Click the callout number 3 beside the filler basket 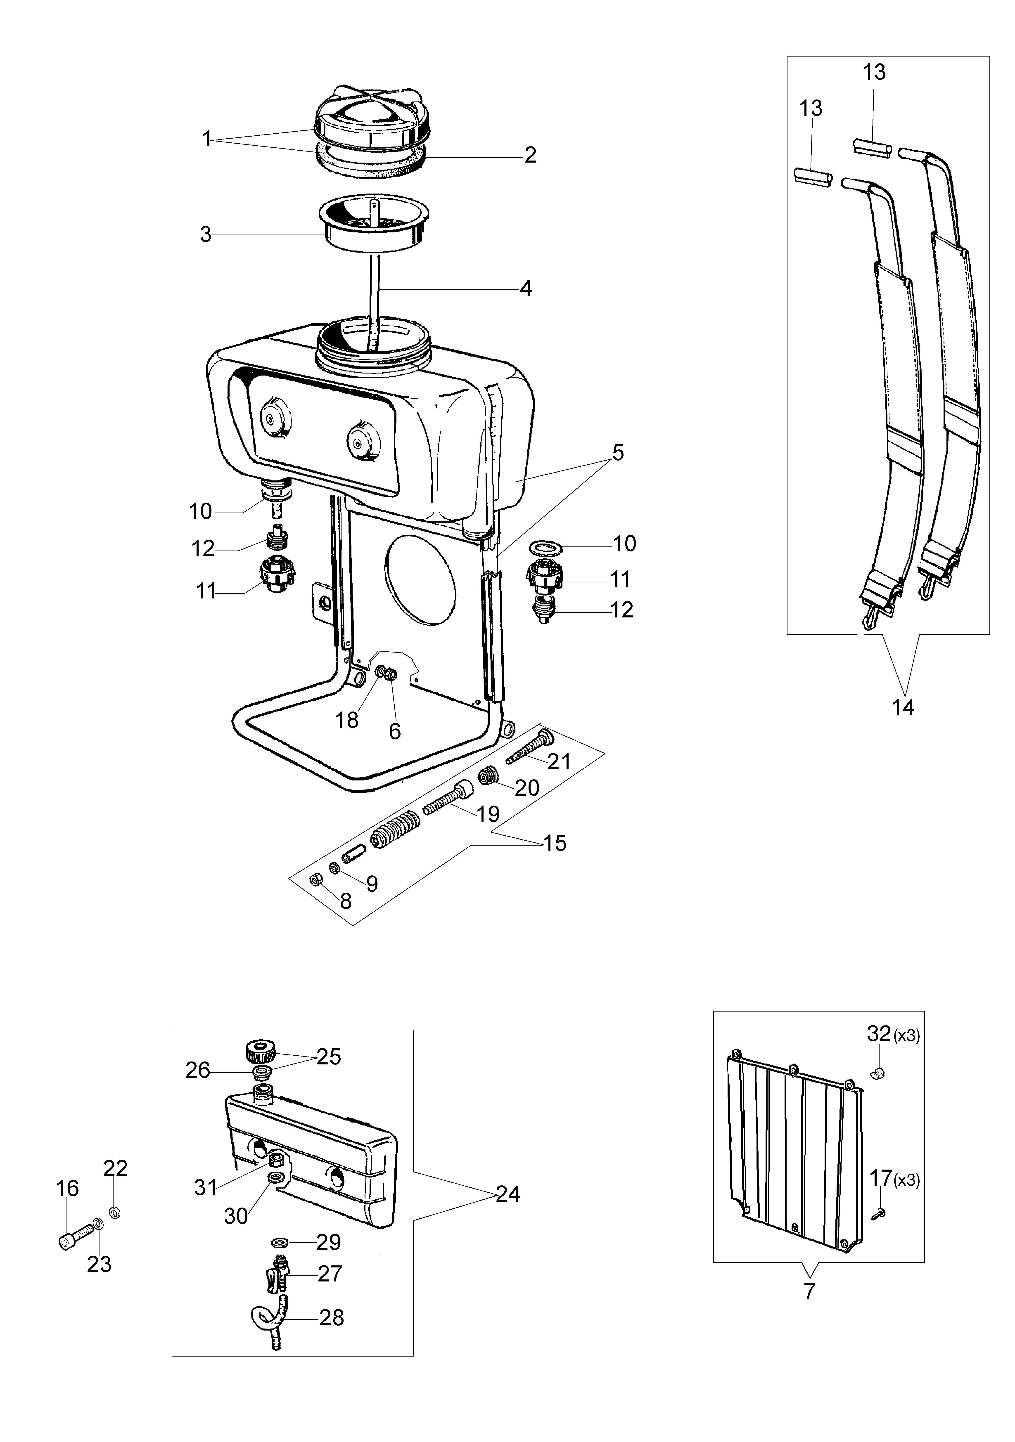pyautogui.click(x=205, y=235)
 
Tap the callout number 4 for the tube pyautogui.click(x=526, y=288)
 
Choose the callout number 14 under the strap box pyautogui.click(x=903, y=707)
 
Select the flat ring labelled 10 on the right pyautogui.click(x=544, y=548)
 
